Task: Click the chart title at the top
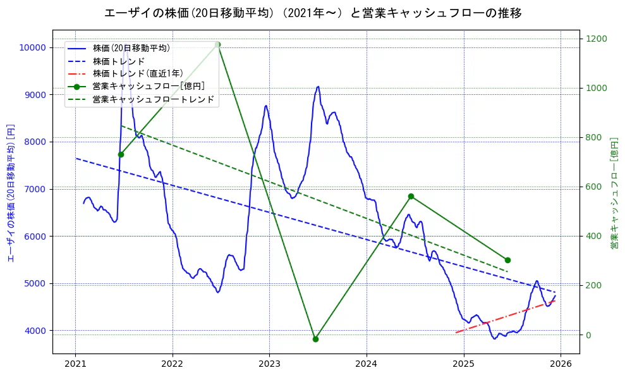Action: pos(313,13)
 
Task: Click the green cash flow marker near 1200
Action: pos(217,44)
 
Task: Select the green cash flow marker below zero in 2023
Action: pos(315,339)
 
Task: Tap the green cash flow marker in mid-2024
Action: pos(411,196)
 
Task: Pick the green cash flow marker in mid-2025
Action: pos(507,260)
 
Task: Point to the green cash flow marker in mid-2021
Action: pos(121,154)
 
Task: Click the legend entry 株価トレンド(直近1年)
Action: pos(137,73)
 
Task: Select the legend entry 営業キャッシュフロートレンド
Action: pos(153,99)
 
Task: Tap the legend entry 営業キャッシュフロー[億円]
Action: pos(148,86)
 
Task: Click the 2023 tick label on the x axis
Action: pos(269,364)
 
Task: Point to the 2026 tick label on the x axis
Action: pos(561,364)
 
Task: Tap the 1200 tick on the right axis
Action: pos(597,39)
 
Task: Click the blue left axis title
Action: pos(10,192)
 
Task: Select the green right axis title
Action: pos(614,192)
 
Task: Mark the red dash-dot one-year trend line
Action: pos(506,316)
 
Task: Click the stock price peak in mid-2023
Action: pos(318,87)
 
